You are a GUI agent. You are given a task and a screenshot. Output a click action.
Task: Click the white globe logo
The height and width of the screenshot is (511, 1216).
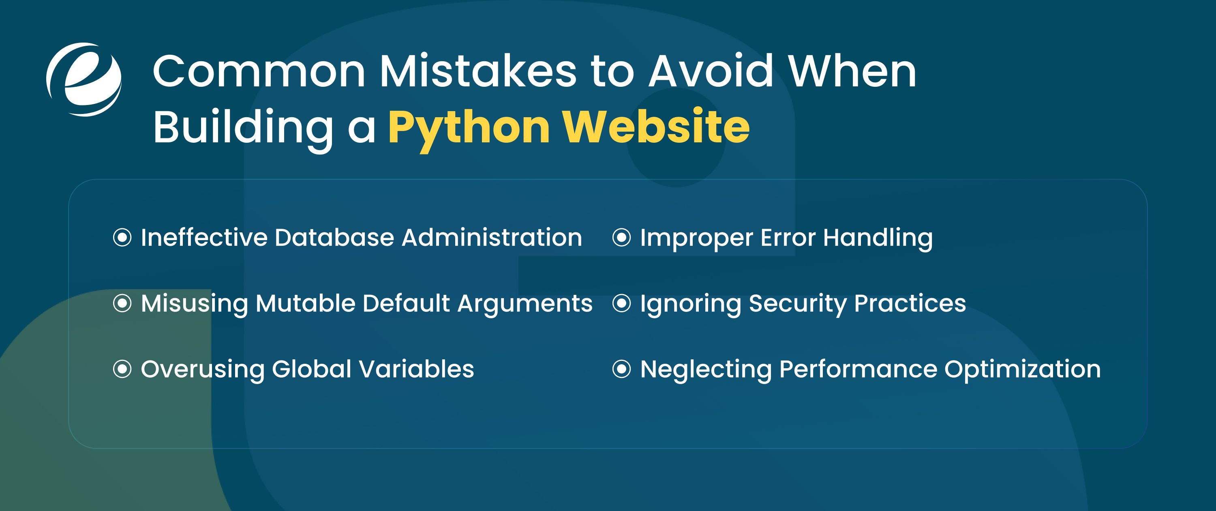84,79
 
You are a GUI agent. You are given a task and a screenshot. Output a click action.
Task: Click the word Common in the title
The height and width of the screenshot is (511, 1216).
259,72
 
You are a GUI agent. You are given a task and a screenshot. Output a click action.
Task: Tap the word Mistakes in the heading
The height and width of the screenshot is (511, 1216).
478,72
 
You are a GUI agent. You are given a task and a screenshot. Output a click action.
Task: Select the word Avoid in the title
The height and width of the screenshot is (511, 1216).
711,72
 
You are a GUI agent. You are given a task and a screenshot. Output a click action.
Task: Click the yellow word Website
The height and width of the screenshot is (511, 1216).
656,127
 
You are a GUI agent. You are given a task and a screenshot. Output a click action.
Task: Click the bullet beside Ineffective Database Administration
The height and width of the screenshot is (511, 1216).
122,237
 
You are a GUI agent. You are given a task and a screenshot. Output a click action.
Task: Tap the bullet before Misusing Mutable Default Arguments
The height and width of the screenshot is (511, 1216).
122,303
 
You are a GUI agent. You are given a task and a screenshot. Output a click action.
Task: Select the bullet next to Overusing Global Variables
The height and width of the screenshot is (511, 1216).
122,369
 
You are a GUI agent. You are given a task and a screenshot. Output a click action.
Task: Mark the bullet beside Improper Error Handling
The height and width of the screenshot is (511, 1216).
621,237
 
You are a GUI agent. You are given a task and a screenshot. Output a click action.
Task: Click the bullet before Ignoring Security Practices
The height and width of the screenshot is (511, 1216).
621,303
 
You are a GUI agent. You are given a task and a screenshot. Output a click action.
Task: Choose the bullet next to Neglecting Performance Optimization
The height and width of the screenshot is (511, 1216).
621,369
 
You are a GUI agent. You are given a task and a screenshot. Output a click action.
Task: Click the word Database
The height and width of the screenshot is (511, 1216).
334,237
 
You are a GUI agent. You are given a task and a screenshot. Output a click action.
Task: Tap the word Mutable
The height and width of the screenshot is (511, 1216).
305,303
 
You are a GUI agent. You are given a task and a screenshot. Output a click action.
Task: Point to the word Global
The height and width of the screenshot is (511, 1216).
312,369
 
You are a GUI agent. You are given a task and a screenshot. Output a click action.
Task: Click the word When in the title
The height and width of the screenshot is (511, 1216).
852,72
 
